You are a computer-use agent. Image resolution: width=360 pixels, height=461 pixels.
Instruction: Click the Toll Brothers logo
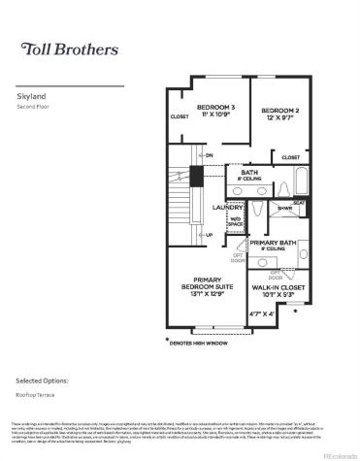click(x=70, y=49)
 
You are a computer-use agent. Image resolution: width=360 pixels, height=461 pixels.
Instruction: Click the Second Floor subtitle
click(x=34, y=107)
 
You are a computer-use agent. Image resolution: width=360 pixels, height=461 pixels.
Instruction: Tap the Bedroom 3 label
click(x=215, y=110)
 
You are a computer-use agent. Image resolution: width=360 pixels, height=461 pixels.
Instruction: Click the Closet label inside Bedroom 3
click(x=180, y=116)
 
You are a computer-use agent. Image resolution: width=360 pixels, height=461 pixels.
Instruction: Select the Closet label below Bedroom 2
click(x=290, y=156)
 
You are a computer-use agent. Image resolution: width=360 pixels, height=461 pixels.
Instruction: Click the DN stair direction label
click(x=208, y=155)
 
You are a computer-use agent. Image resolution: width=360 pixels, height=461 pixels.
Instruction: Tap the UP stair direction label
click(x=208, y=234)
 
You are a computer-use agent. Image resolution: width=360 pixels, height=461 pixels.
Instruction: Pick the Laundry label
click(x=226, y=208)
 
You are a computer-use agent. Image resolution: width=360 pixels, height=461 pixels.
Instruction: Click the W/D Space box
click(x=235, y=222)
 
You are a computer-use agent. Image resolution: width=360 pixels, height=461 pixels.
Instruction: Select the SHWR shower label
click(x=286, y=208)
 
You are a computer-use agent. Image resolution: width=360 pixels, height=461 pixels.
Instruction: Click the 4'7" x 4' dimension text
click(x=262, y=313)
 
